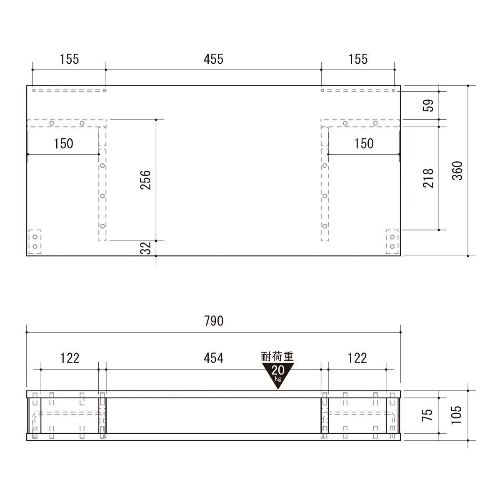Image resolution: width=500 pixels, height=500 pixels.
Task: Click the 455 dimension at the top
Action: (213, 59)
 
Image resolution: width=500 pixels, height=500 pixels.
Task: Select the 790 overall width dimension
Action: (214, 321)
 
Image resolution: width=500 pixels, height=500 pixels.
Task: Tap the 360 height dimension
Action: (457, 170)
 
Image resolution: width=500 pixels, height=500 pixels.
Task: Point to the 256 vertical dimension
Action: (145, 180)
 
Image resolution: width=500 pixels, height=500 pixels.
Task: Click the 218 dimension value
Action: (428, 178)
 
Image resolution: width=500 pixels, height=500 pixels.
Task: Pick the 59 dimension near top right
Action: (428, 105)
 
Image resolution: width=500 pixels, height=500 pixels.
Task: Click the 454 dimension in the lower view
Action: (213, 357)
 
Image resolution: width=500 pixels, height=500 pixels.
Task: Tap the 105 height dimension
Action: (457, 415)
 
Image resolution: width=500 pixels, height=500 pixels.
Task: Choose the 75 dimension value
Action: (428, 415)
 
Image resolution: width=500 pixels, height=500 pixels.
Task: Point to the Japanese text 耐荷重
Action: (277, 357)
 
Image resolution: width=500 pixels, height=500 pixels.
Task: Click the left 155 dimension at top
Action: (69, 59)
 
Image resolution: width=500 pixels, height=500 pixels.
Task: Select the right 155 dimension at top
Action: (357, 59)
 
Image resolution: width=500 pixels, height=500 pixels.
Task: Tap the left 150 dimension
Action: (63, 144)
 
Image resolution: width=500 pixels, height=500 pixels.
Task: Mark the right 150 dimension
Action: (364, 144)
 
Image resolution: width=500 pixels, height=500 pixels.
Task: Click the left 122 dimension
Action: (70, 357)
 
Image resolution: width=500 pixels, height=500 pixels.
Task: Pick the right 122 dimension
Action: (357, 357)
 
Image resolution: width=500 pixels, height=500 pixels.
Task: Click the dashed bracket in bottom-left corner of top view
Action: (35, 242)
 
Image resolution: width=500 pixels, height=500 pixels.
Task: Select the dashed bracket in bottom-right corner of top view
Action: (392, 242)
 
